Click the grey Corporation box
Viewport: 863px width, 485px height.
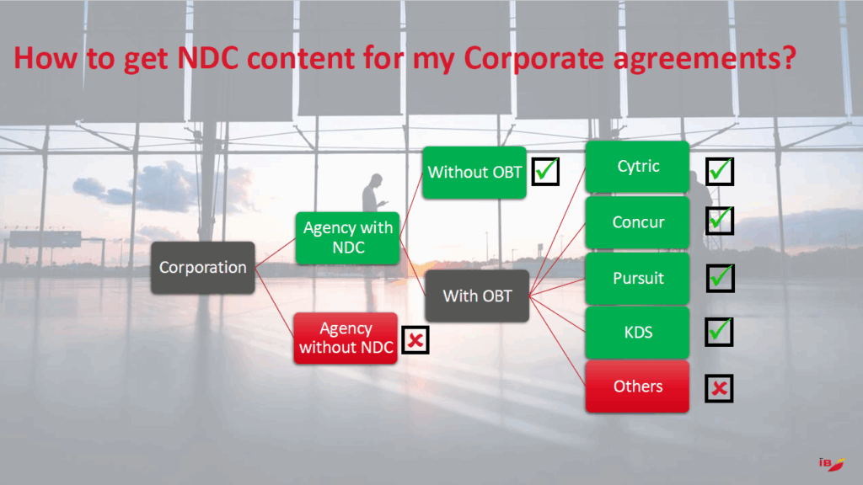point(202,267)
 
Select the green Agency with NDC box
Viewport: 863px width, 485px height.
point(347,237)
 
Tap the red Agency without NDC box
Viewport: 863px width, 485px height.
point(346,338)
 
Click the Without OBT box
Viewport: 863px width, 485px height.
point(474,172)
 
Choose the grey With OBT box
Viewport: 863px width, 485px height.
point(477,296)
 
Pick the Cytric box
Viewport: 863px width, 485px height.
point(637,167)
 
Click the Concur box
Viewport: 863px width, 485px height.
point(637,222)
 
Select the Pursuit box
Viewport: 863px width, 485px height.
point(637,278)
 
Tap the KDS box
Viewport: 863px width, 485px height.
point(637,332)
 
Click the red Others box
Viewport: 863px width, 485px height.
point(637,386)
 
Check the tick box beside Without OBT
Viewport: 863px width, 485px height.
point(545,171)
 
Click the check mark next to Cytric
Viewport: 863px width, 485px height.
point(720,171)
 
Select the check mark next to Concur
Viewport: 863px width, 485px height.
point(720,220)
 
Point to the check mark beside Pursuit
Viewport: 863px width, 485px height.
point(721,278)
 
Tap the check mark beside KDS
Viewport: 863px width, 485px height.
point(720,332)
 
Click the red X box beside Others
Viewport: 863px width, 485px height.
point(720,388)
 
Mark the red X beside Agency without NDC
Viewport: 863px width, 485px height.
point(415,340)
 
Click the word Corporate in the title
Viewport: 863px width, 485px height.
point(533,58)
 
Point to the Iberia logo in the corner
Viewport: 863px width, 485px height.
point(832,464)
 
